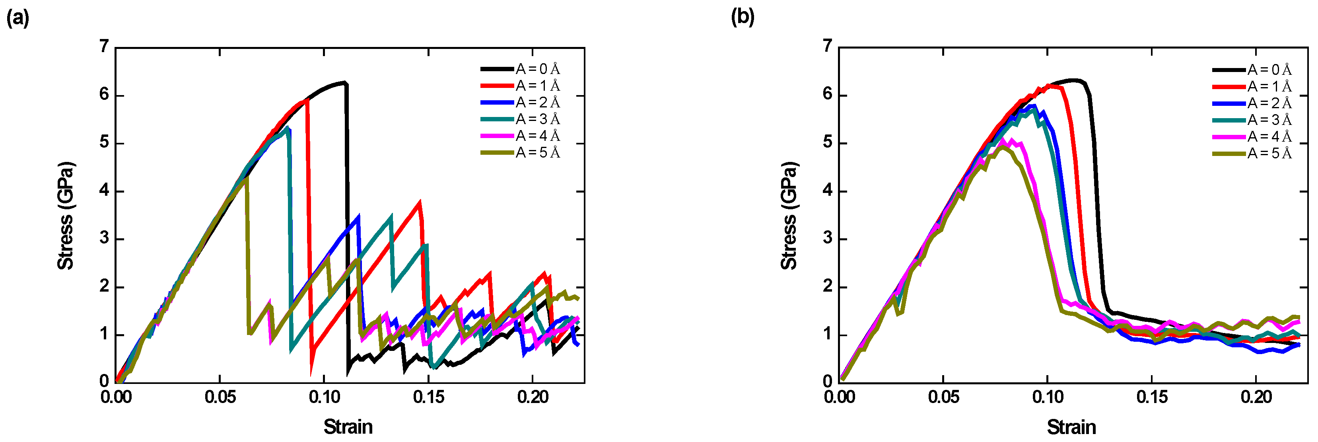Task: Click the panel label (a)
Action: [x=17, y=18]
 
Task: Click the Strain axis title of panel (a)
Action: [x=348, y=426]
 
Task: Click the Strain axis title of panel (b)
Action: [x=1071, y=426]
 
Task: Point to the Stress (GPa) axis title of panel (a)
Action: [x=66, y=215]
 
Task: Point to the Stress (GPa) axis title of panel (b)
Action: [x=789, y=215]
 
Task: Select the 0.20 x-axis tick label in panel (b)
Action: [x=1256, y=397]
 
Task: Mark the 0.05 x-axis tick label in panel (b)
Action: [x=943, y=397]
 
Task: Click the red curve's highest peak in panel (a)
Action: [x=306, y=100]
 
